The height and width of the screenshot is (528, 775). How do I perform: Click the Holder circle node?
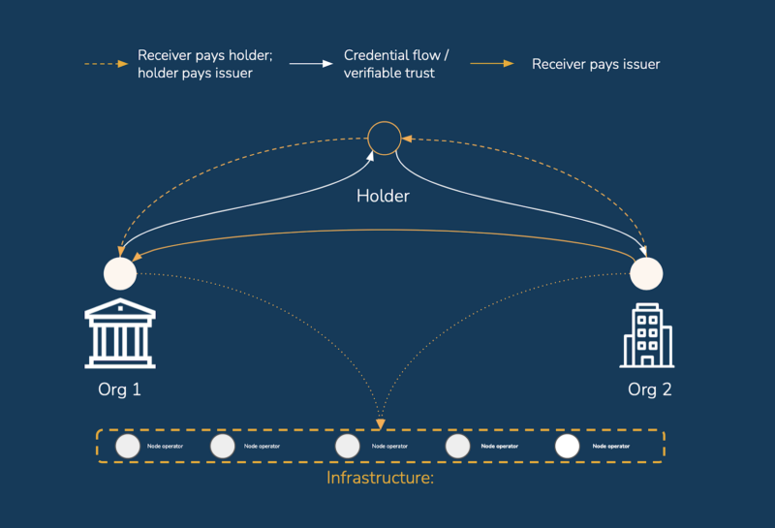pos(384,138)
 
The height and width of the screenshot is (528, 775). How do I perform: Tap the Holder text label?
pos(383,196)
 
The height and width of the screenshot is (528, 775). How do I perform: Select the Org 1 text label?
pos(120,390)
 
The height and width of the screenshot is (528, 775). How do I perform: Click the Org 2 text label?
pos(649,390)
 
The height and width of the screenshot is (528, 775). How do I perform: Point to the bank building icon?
pos(120,333)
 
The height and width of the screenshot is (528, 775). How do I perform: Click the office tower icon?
pos(646,334)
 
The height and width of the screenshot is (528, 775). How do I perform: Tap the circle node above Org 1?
pos(120,273)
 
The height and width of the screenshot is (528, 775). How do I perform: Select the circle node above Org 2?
pos(646,273)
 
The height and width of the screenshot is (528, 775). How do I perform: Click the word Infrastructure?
pos(379,478)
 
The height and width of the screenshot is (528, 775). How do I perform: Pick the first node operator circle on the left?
pos(128,446)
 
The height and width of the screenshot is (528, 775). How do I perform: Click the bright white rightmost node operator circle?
pos(567,446)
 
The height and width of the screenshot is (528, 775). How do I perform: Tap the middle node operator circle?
pos(347,446)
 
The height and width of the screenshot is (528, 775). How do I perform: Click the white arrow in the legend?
pos(310,64)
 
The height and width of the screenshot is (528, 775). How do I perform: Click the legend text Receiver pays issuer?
pos(596,64)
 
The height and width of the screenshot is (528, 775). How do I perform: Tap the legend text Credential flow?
pos(396,55)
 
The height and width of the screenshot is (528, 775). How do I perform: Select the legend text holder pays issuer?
pos(195,73)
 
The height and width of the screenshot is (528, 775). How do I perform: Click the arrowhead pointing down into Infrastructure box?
pos(381,423)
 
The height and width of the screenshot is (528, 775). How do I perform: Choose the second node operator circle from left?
pos(223,446)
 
